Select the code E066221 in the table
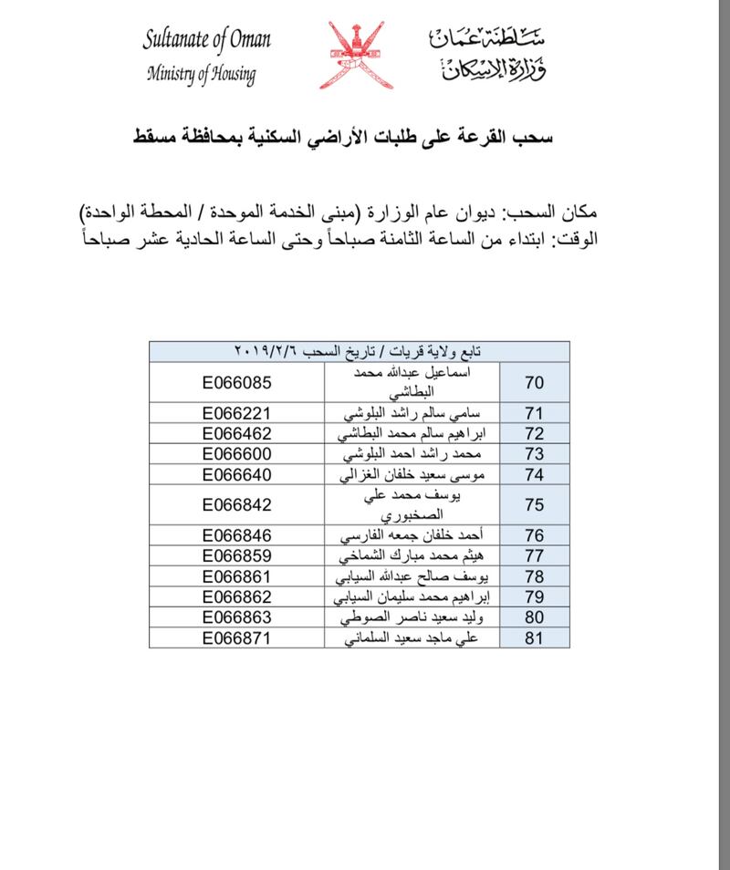(237, 412)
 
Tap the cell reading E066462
(237, 433)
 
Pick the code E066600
(237, 454)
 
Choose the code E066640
(237, 475)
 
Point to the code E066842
(237, 505)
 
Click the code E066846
(237, 534)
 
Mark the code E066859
(237, 555)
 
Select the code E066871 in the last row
(237, 639)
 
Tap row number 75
(536, 505)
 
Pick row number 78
(536, 576)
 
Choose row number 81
(536, 639)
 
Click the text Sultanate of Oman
(206, 40)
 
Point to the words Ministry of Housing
(201, 74)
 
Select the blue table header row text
(360, 351)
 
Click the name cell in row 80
(413, 618)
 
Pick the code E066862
(237, 597)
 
